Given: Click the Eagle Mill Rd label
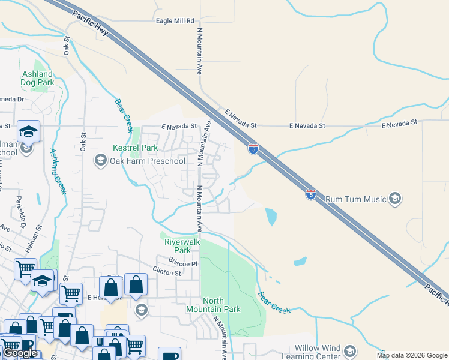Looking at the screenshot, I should coord(175,21).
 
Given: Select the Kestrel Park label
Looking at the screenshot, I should coord(135,148).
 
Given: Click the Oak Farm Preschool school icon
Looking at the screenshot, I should coord(100,160).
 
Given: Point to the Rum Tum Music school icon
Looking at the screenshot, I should coord(394,198).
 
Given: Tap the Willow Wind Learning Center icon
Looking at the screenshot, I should coord(351,349).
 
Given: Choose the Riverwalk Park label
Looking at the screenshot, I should coord(178,246).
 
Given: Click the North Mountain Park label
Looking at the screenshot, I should coord(221,305).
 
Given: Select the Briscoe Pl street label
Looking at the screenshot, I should coord(183,263).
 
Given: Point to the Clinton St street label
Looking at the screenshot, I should coord(166,272).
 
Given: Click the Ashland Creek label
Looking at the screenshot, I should coord(58,172).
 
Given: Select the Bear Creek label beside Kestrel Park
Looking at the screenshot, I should coord(123,116).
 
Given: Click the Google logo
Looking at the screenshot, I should coord(20,353).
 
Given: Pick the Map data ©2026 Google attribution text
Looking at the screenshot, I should coord(411,356).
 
